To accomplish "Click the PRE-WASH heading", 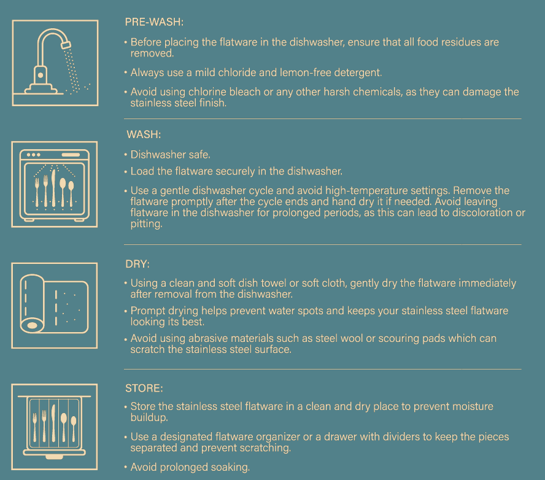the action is pos(154,22).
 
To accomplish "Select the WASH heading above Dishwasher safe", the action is pos(144,134).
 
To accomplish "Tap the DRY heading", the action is pos(137,264).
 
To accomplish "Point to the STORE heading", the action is pos(144,389).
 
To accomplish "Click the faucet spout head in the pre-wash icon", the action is pos(66,45).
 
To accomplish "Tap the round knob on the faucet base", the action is pos(41,75).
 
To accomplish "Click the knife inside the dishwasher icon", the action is pos(53,188).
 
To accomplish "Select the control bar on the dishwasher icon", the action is pos(71,155).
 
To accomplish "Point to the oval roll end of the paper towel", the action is pos(32,326).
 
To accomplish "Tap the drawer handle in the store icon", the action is pos(54,457).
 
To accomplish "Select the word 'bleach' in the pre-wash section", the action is pos(245,91).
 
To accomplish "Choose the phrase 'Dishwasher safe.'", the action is pos(171,155).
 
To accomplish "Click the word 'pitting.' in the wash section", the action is pos(146,224).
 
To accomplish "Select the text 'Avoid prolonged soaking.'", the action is pos(190,467).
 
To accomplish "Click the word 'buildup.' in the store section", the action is pos(149,417).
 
